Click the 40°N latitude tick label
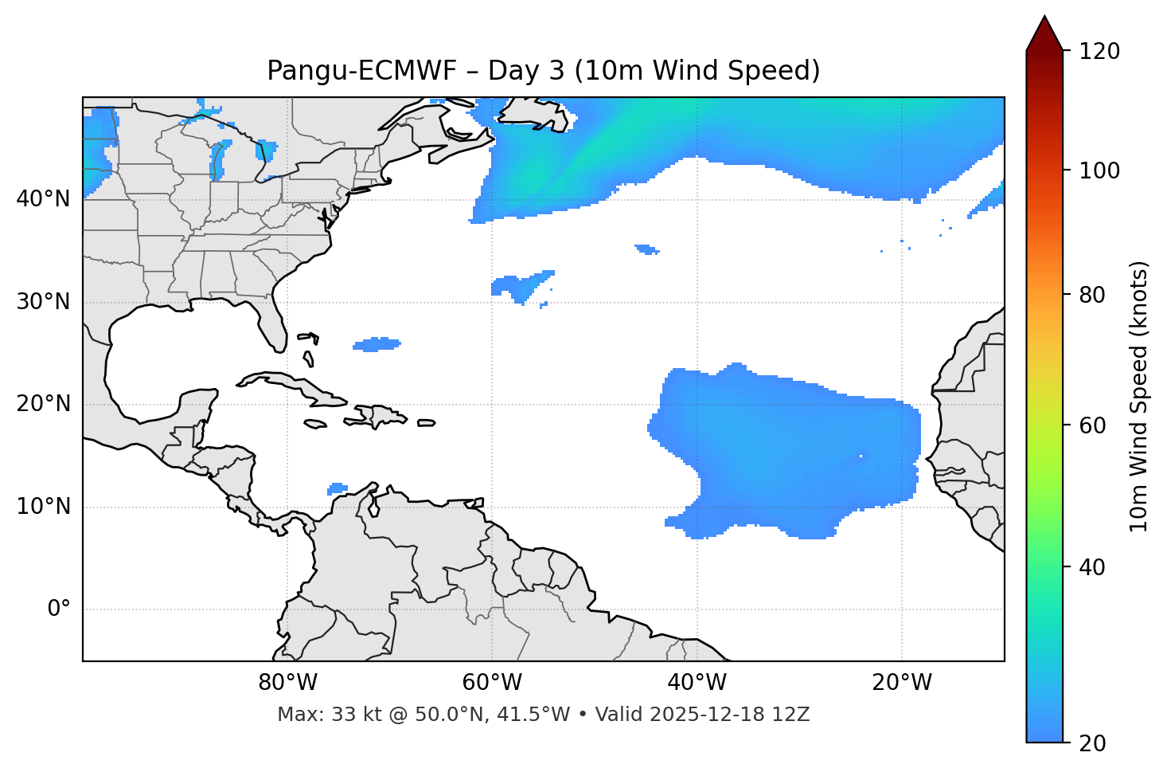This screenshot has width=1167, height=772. coord(43,199)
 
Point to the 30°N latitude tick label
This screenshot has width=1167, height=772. coord(43,302)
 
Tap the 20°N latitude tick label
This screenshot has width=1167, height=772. coord(43,404)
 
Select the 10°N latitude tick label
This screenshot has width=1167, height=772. coord(43,507)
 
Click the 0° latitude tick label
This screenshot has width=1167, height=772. coord(59,609)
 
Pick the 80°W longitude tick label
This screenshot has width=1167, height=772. coord(287,683)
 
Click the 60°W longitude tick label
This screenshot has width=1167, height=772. coord(492,683)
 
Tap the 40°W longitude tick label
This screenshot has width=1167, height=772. coord(697,683)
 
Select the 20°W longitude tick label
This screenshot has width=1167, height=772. coord(902,683)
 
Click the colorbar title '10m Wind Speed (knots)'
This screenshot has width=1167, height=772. coord(1139,396)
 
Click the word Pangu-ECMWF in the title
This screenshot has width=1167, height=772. coord(361,71)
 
